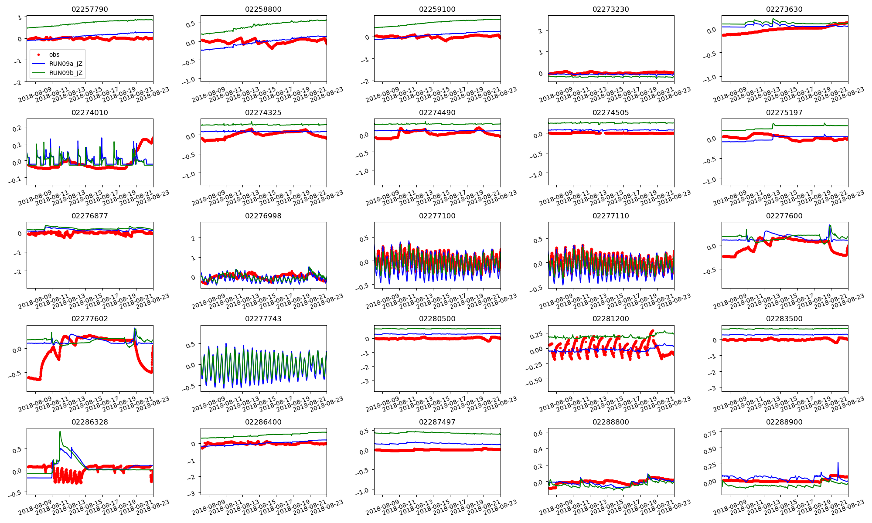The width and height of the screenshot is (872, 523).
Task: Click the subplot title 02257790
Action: pyautogui.click(x=89, y=9)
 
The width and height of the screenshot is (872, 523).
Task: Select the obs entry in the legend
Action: pyautogui.click(x=54, y=54)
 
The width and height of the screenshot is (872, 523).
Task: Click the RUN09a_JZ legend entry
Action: pyautogui.click(x=65, y=64)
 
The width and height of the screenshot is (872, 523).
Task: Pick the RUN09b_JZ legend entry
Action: pyautogui.click(x=65, y=73)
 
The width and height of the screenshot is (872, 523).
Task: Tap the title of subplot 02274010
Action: pyautogui.click(x=89, y=112)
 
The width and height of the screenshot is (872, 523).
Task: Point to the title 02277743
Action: pyautogui.click(x=263, y=319)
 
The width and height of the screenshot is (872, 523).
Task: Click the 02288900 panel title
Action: pyautogui.click(x=784, y=422)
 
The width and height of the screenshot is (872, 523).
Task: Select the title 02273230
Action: pyautogui.click(x=610, y=9)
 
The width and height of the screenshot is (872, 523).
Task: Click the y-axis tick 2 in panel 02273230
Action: pyautogui.click(x=541, y=31)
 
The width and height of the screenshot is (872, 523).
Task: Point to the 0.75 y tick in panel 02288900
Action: pyautogui.click(x=710, y=433)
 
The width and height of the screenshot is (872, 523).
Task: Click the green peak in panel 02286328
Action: pyautogui.click(x=60, y=432)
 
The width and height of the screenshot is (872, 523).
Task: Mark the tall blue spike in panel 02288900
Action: pyautogui.click(x=838, y=463)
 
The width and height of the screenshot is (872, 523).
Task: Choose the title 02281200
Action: pyautogui.click(x=610, y=319)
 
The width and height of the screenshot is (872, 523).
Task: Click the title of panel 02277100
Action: pyautogui.click(x=437, y=216)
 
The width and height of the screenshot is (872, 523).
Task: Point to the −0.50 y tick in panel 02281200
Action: pyautogui.click(x=535, y=380)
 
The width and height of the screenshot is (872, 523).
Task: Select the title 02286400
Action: pyautogui.click(x=263, y=422)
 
